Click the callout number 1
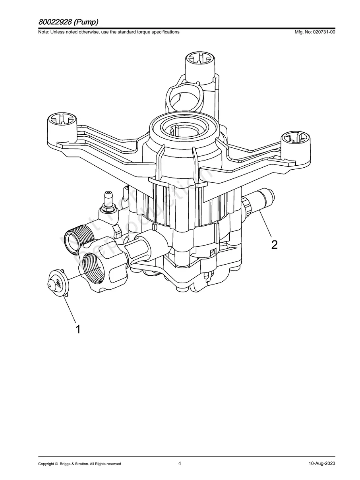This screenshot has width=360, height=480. (78, 329)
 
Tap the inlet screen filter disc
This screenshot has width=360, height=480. (56, 282)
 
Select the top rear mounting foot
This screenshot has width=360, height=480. (201, 64)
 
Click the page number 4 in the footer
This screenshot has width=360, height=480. (180, 463)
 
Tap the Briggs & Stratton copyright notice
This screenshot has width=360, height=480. (79, 464)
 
